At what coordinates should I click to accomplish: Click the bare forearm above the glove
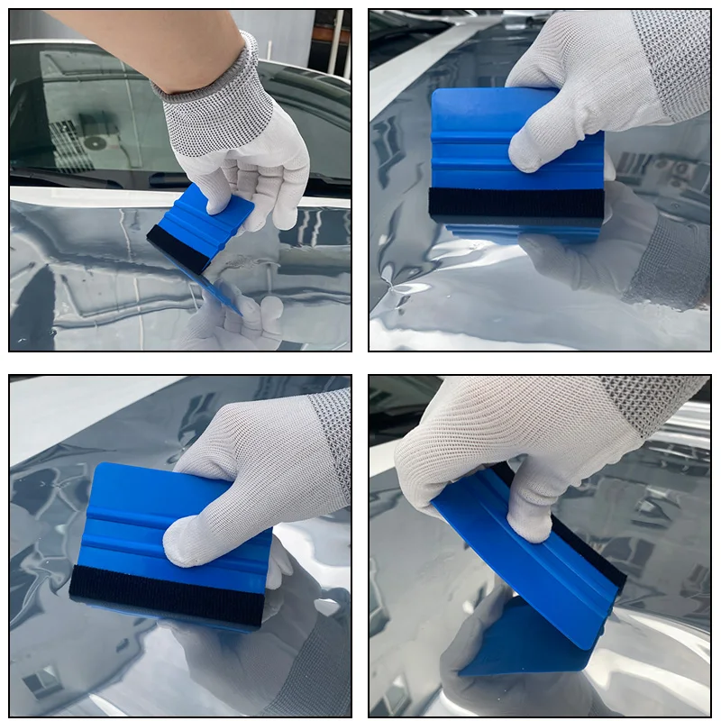click(x=135, y=45)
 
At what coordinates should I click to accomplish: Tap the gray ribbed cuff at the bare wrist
click(x=212, y=77)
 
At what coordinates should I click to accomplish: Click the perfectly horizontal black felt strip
click(x=516, y=203)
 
